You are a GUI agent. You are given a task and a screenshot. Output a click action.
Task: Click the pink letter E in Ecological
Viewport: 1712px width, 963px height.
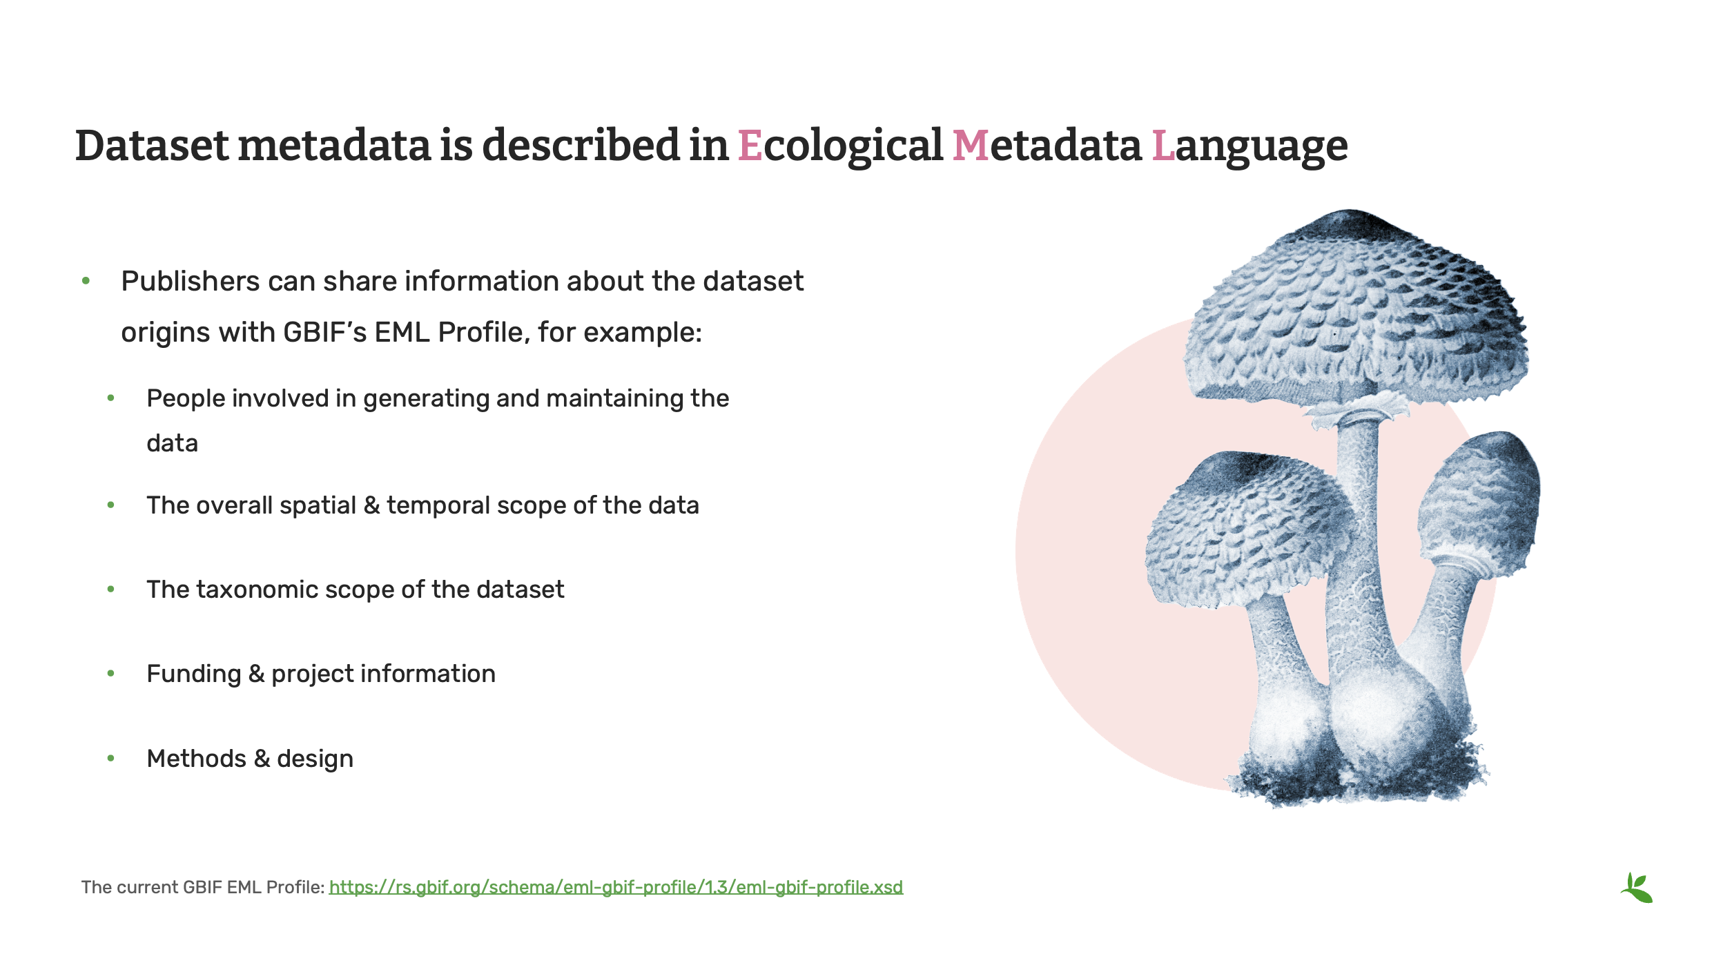coord(750,146)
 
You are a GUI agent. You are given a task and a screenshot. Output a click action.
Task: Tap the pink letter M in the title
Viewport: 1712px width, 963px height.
coord(970,146)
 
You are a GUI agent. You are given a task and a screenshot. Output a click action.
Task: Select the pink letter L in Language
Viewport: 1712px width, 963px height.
coord(1163,146)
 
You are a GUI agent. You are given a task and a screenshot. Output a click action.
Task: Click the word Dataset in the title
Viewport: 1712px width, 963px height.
coord(152,146)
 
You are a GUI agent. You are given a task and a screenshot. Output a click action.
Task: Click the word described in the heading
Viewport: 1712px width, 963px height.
coord(581,146)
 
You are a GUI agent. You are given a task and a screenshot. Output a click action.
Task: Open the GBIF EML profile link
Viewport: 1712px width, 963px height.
coord(616,887)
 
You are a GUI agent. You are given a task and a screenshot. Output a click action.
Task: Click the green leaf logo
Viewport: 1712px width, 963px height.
coord(1637,888)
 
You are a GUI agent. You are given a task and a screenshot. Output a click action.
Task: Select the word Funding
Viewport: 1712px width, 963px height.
coord(193,674)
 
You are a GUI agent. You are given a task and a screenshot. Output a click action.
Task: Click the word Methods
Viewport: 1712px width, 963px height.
coord(196,759)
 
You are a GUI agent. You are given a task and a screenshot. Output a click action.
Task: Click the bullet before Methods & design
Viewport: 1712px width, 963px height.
coord(110,759)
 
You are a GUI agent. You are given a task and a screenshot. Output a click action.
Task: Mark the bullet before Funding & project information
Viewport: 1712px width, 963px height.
coord(110,674)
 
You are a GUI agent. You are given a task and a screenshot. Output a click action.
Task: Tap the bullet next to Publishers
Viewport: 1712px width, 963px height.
coord(86,281)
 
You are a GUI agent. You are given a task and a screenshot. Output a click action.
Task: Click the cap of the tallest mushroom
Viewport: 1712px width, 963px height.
coord(1353,311)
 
